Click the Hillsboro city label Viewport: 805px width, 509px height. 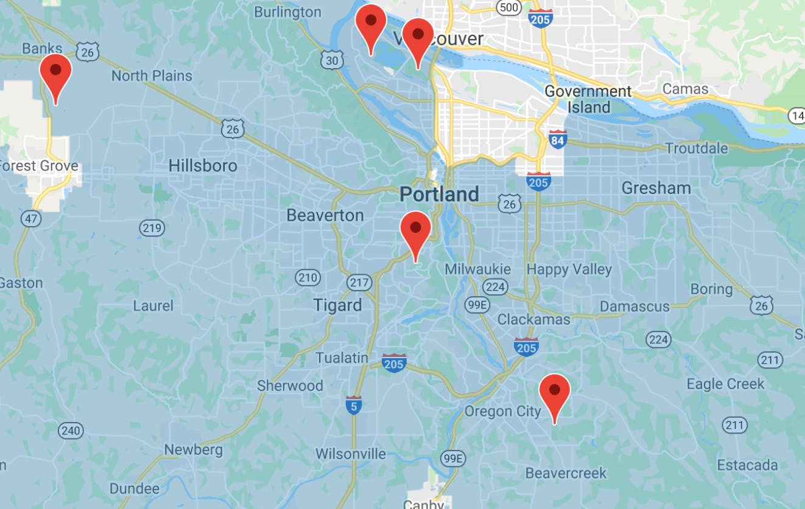click(203, 165)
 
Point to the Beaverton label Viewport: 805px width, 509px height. click(325, 215)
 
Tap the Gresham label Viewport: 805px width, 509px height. click(656, 188)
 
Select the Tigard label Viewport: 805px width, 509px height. click(337, 305)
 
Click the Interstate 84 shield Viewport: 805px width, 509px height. click(557, 139)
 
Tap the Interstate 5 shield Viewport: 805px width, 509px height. click(354, 404)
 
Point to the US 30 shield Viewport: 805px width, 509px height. click(331, 60)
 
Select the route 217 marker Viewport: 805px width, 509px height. click(359, 283)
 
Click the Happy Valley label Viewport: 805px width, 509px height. click(569, 269)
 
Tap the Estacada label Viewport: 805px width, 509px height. click(747, 465)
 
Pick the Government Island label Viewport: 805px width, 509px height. click(588, 99)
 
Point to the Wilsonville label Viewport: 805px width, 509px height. click(350, 454)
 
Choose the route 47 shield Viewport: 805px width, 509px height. click(29, 219)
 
